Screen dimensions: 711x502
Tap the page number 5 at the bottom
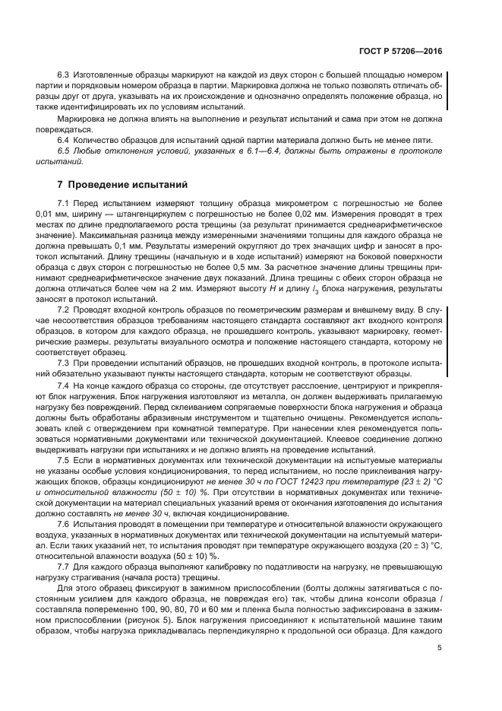pos(440,648)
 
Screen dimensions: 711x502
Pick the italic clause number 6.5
pos(64,152)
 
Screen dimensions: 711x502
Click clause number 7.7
pos(64,567)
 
